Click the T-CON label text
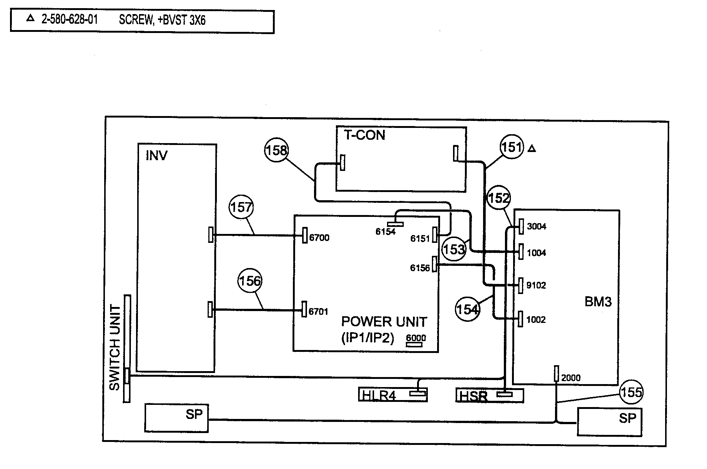pyautogui.click(x=364, y=135)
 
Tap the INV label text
pyautogui.click(x=156, y=155)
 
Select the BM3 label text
pyautogui.click(x=598, y=302)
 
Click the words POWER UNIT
pyautogui.click(x=384, y=321)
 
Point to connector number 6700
pyautogui.click(x=319, y=238)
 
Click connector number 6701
pyautogui.click(x=318, y=311)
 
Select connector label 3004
pyautogui.click(x=536, y=226)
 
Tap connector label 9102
pyautogui.click(x=536, y=285)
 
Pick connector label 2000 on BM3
pyautogui.click(x=571, y=378)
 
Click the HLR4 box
pyautogui.click(x=393, y=394)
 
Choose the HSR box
pyautogui.click(x=489, y=396)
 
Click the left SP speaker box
pyautogui.click(x=176, y=418)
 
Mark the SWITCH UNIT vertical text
pyautogui.click(x=115, y=347)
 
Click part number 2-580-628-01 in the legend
pyautogui.click(x=70, y=19)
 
